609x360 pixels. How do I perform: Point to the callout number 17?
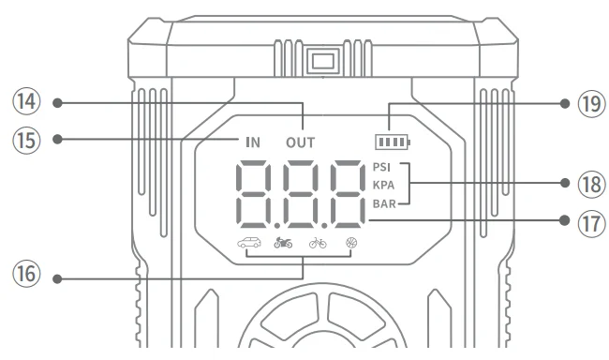587,220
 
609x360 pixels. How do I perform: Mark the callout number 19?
587,103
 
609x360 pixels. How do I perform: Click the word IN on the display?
253,143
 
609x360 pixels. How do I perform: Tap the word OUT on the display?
301,143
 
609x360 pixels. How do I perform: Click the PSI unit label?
382,167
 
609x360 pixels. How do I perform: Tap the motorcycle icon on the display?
282,247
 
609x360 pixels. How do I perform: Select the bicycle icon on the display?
318,247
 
